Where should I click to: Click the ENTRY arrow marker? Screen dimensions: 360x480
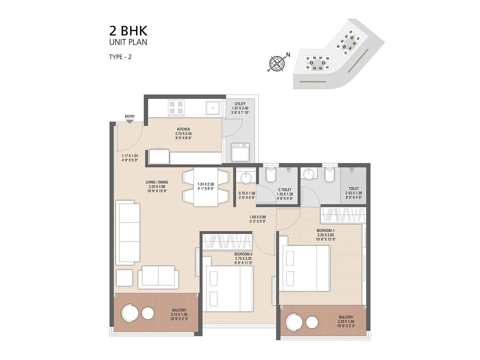[130, 121]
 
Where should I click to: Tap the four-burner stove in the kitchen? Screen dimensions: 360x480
[176, 107]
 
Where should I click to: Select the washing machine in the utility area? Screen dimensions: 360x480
[240, 152]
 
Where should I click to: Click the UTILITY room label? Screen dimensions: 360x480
[240, 104]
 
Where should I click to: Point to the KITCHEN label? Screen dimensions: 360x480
[183, 129]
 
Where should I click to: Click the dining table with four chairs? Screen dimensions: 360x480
[205, 187]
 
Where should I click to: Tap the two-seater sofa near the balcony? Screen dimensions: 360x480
[158, 276]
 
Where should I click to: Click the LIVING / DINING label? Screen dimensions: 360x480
[157, 182]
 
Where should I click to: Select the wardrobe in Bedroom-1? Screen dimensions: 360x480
[343, 215]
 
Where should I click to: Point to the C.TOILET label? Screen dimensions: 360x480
[285, 190]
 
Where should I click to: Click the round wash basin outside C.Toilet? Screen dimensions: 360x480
[246, 177]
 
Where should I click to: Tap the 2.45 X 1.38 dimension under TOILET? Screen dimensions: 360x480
[354, 193]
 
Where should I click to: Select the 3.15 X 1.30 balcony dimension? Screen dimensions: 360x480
[179, 314]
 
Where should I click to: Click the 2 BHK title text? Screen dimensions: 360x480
[128, 31]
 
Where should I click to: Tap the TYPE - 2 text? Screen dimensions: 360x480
[120, 57]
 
